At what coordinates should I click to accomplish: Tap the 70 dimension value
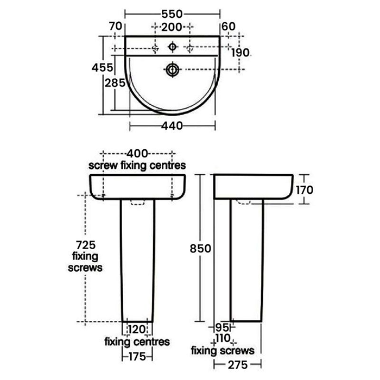115,26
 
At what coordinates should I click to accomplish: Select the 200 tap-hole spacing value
172,26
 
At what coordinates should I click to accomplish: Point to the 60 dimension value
228,26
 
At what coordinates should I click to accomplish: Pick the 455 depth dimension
103,68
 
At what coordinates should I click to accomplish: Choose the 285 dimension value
115,83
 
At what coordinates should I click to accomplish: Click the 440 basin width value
172,125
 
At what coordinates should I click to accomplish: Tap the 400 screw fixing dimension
137,154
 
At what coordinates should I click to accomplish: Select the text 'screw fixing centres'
137,164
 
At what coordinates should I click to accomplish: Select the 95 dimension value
220,327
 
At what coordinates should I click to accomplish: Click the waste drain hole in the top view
173,69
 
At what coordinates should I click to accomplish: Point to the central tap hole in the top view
172,47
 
